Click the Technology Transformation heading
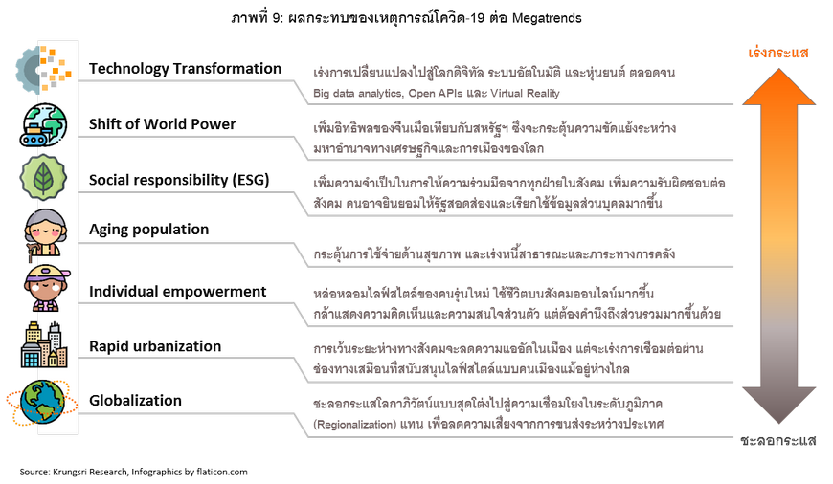(x=185, y=69)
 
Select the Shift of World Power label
(x=162, y=124)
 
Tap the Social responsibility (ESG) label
(x=179, y=180)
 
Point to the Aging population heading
(x=148, y=230)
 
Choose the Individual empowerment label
(x=177, y=292)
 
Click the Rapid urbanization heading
(x=154, y=346)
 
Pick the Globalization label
(x=135, y=400)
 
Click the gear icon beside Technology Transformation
(x=43, y=70)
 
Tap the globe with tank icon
(x=43, y=124)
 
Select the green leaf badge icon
(x=43, y=177)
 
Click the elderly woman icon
(x=46, y=233)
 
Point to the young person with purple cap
(x=47, y=288)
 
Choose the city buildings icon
(x=44, y=345)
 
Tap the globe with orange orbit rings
(x=42, y=402)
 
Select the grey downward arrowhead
(x=778, y=406)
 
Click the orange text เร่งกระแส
(x=778, y=53)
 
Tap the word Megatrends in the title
(x=547, y=18)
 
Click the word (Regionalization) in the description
(x=355, y=425)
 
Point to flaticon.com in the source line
(x=221, y=472)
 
